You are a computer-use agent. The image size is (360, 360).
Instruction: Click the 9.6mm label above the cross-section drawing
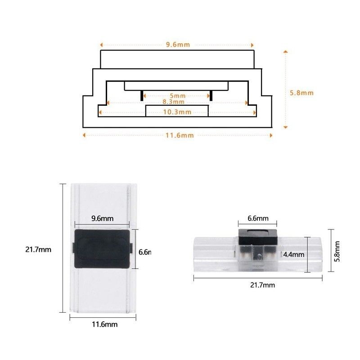coord(177,45)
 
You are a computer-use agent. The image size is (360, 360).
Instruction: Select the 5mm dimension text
coord(177,96)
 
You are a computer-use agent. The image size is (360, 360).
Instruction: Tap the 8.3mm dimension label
coord(173,102)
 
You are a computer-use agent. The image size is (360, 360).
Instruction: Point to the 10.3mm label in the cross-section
coord(176,112)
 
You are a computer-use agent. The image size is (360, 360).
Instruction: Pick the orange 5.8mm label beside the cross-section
coord(301,93)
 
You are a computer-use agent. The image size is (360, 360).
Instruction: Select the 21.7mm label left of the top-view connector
coord(38,249)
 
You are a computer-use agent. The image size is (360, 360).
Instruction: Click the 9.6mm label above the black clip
coord(102,219)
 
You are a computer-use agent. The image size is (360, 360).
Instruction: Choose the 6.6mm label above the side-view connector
coord(258,219)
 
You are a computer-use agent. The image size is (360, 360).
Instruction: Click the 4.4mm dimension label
coord(294,255)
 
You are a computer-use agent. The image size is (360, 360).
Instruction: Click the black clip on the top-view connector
coord(101,247)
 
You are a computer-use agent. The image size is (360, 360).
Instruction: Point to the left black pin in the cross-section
coord(141,95)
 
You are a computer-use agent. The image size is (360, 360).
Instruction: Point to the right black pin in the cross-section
coord(211,95)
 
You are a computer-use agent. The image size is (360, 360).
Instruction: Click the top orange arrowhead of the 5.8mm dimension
coord(285,52)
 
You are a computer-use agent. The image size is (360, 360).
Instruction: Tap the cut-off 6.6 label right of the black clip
coord(144,252)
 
